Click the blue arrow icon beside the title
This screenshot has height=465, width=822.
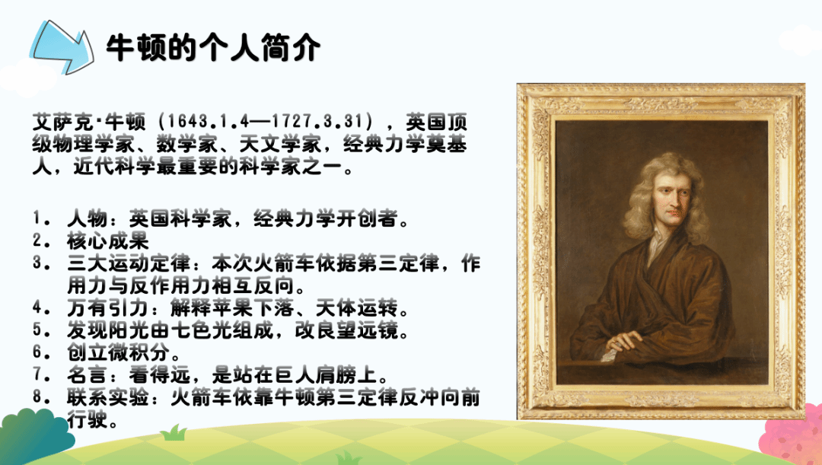[62, 47]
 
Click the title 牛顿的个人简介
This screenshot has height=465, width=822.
[213, 48]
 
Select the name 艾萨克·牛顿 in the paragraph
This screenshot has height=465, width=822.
[88, 122]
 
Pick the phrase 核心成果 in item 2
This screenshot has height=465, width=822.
[108, 240]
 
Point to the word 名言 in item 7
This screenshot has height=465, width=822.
[88, 375]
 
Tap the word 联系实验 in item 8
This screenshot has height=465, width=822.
[108, 398]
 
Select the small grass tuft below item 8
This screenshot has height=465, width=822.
[174, 433]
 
